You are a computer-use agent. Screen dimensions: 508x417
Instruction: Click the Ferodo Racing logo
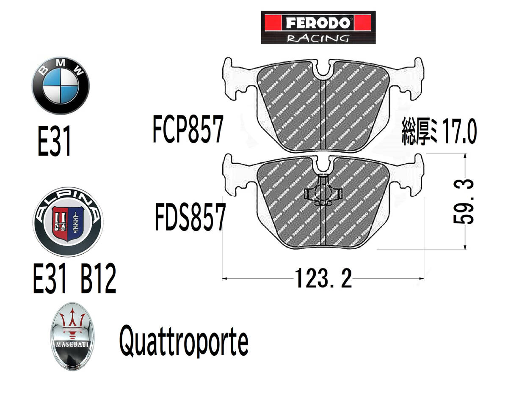click(x=318, y=27)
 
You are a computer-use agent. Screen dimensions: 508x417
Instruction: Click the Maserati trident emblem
click(x=73, y=336)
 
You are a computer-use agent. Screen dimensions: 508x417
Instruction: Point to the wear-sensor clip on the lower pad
click(x=323, y=193)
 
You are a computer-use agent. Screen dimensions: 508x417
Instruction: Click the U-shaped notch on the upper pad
click(x=323, y=70)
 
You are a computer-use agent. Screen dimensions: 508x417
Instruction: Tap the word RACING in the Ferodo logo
click(x=318, y=38)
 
